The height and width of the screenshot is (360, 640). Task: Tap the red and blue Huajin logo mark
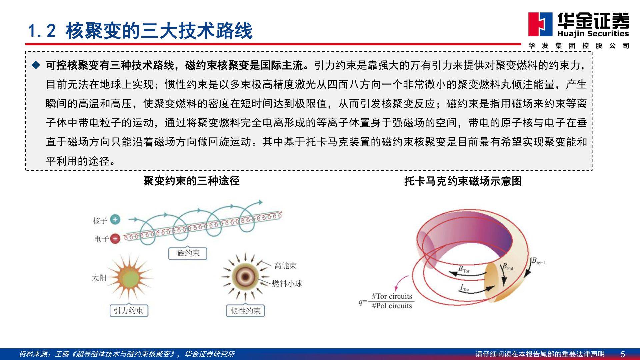[x=540, y=24]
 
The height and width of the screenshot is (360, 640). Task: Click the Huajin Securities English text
[x=593, y=34]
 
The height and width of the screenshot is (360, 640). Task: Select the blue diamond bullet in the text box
[x=36, y=65]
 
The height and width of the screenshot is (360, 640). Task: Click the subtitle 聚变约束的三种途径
[x=191, y=181]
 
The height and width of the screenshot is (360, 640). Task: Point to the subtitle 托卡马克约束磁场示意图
[x=463, y=181]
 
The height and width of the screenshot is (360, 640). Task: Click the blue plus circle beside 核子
[x=115, y=220]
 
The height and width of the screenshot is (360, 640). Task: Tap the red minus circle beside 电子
[x=115, y=239]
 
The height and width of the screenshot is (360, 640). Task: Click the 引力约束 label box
[x=129, y=311]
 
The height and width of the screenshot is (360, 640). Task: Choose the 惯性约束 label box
[x=246, y=311]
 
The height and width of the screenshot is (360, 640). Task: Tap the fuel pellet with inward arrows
[x=246, y=276]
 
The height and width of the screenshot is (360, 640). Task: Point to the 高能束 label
[x=285, y=266]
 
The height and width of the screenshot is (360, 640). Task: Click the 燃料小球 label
[x=287, y=284]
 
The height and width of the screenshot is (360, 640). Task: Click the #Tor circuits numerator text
[x=392, y=296]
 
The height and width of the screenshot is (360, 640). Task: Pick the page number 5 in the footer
[x=623, y=354]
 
